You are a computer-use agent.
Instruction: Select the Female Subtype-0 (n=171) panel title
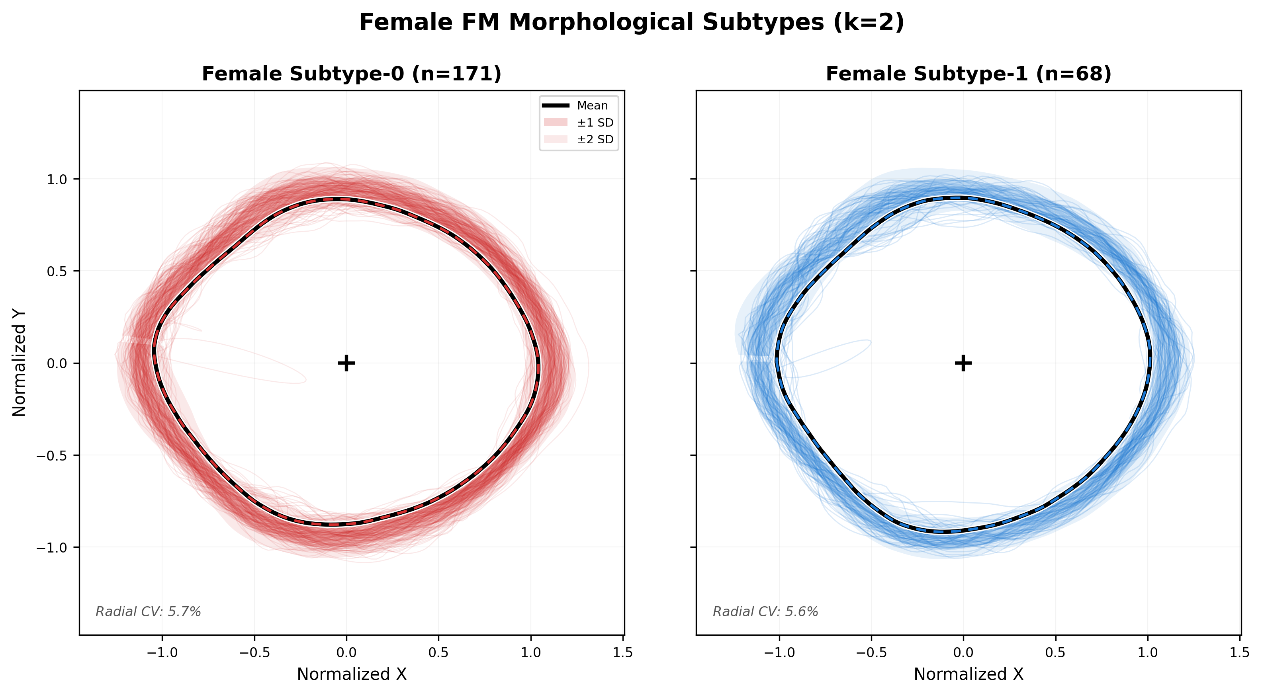351,74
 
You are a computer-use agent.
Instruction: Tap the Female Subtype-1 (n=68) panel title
968,74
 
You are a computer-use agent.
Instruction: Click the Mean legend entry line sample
556,106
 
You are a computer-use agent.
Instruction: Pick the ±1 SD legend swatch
556,123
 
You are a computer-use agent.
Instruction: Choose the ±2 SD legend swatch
556,140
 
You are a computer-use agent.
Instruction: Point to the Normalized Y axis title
19,363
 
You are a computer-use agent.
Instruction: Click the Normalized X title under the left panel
351,674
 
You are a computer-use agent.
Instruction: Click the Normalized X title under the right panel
968,674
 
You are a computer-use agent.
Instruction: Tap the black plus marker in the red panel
346,363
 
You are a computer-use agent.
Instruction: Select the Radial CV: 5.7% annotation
148,612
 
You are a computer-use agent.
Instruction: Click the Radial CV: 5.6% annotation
765,612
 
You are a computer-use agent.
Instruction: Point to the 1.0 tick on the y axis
57,179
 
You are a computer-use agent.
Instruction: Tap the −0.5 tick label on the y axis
52,455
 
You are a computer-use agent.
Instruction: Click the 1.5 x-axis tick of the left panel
623,652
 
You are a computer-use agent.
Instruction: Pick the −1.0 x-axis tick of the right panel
779,652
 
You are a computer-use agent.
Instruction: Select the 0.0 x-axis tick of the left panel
346,652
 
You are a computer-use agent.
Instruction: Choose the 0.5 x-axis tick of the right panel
1055,652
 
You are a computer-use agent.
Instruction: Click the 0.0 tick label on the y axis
57,363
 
